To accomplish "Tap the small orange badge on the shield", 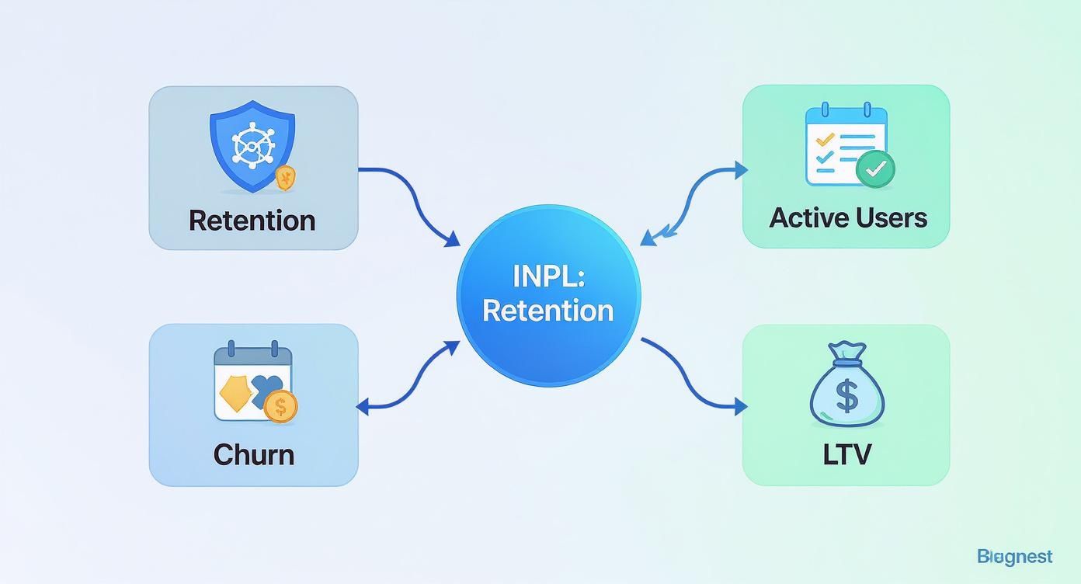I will (286, 178).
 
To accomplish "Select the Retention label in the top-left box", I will (252, 220).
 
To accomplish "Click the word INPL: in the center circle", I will (548, 277).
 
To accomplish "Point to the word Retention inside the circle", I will (548, 311).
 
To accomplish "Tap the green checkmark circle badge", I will (875, 169).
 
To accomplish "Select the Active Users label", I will (848, 217).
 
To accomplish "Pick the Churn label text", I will (253, 454).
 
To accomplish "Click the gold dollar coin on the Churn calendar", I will (280, 405).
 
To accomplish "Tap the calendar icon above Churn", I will (252, 383).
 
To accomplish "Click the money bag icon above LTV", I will (846, 385).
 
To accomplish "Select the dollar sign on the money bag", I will (847, 397).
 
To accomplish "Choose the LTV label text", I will (846, 454).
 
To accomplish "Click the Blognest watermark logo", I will (1014, 556).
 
